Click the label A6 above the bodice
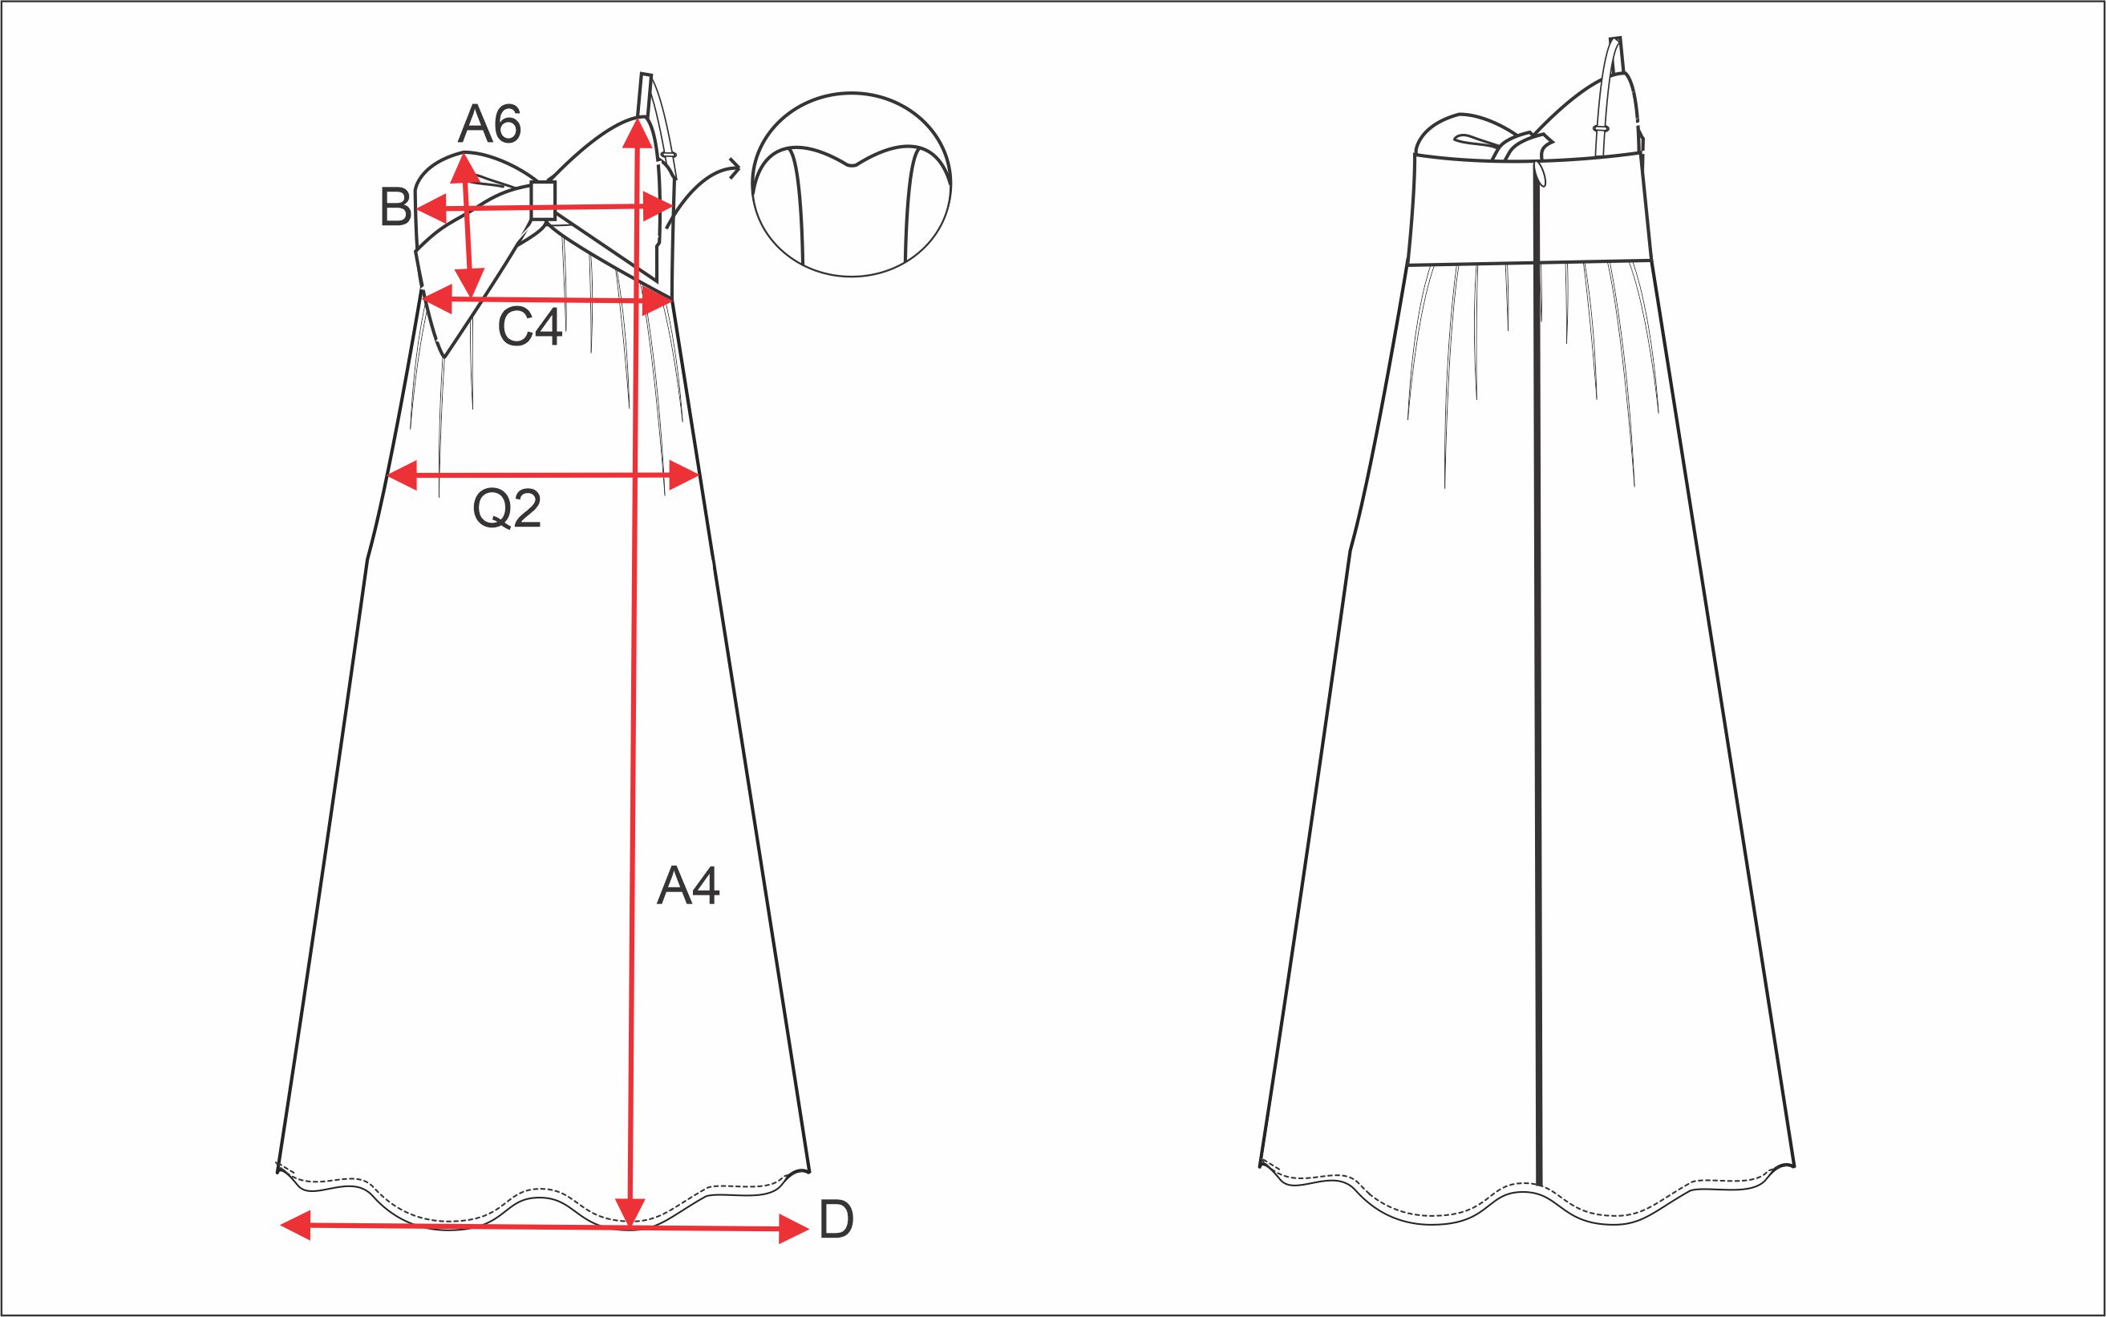[490, 123]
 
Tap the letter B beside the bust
[395, 208]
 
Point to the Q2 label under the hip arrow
[506, 509]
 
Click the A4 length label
[688, 886]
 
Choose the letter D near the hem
[836, 1219]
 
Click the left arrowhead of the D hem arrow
[295, 1225]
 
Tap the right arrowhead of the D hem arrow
[794, 1230]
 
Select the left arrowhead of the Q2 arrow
[402, 475]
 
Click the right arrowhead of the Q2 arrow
[685, 475]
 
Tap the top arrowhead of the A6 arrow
[464, 168]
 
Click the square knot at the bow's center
[543, 200]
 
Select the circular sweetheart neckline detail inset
[851, 184]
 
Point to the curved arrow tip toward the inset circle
[736, 168]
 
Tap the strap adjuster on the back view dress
[1601, 128]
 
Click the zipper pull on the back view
[1541, 174]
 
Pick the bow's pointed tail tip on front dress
[444, 355]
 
